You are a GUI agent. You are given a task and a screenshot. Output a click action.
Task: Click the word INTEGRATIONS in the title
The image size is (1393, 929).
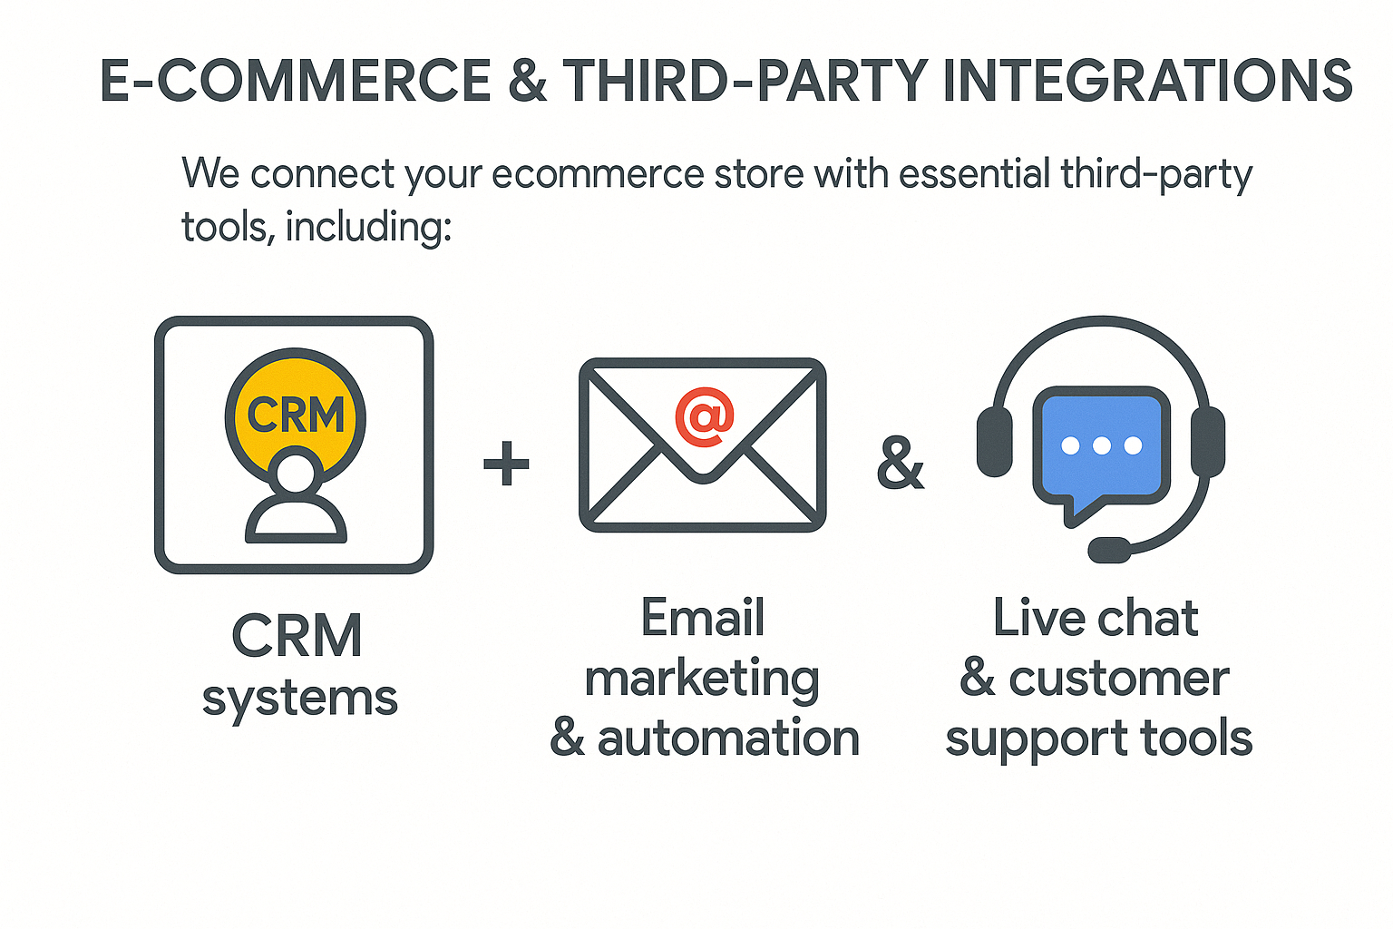(1147, 80)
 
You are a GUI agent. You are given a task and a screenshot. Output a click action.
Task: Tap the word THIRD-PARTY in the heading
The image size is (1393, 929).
(745, 80)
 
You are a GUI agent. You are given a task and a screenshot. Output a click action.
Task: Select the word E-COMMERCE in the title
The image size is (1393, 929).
(296, 80)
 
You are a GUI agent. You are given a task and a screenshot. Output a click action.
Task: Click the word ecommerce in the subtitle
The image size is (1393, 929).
(598, 173)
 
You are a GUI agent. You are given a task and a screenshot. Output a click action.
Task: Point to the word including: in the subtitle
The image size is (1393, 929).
(368, 226)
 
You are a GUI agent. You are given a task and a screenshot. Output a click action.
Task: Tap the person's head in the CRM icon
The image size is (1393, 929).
(296, 474)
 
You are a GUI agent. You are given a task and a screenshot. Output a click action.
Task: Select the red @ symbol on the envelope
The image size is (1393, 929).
(704, 417)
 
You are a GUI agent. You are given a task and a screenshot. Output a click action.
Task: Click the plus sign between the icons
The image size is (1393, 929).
(506, 464)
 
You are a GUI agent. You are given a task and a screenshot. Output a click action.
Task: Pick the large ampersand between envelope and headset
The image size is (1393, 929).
(900, 464)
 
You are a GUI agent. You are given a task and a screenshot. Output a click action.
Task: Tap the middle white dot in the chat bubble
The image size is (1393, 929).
(1101, 445)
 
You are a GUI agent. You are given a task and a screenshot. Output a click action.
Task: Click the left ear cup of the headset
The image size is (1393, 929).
(994, 441)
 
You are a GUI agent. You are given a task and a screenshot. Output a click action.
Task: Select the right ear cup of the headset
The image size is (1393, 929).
(1207, 441)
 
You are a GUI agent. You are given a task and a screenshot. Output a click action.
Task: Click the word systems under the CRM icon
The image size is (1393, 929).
(300, 698)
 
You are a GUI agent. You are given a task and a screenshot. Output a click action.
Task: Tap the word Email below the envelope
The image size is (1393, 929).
(703, 619)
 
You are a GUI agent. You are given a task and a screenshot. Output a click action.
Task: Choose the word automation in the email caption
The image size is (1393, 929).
(728, 738)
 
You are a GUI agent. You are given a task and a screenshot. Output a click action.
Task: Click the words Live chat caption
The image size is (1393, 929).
(1096, 619)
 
